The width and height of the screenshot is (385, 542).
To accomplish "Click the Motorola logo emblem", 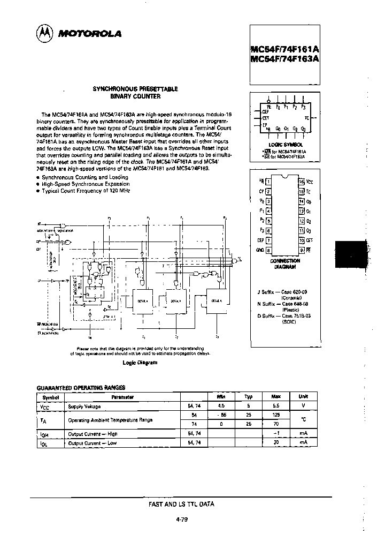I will click(44, 33).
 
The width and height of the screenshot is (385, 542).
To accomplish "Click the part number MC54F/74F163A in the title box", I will click(284, 59).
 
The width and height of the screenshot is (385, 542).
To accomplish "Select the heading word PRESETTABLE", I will click(157, 88).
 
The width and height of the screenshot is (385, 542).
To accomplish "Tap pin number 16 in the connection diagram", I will click(302, 182).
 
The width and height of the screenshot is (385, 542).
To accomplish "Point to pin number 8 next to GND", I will click(268, 250).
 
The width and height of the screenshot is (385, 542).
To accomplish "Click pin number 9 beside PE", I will click(302, 250).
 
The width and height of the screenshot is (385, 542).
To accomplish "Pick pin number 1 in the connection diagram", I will click(268, 182).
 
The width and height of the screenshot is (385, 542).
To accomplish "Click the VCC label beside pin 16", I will click(310, 182).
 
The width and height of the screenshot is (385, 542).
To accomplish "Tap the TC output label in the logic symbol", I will click(306, 117).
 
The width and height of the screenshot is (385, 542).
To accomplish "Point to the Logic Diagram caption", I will click(140, 362).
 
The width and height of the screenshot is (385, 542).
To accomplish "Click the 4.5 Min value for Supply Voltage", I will click(221, 405).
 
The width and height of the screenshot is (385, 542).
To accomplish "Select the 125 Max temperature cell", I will click(275, 414).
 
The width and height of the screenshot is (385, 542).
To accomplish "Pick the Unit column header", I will click(303, 396).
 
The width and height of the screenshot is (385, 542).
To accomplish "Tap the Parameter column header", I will click(122, 397).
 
